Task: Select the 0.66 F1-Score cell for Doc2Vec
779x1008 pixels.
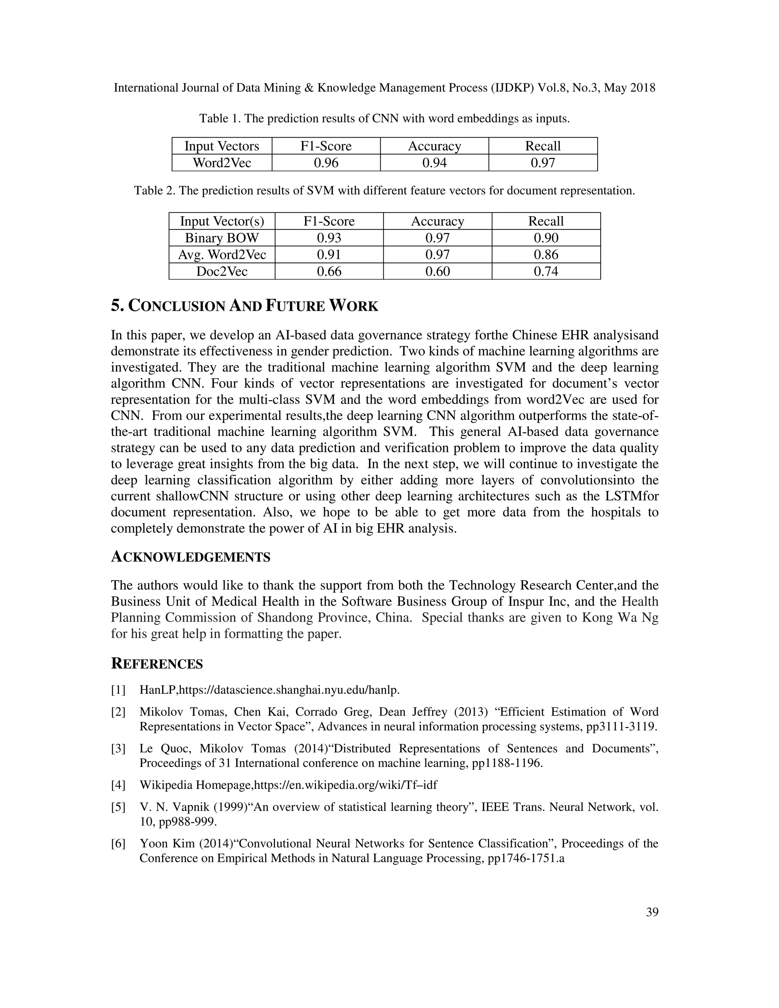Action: pyautogui.click(x=329, y=271)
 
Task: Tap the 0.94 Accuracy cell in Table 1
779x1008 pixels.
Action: pyautogui.click(x=434, y=163)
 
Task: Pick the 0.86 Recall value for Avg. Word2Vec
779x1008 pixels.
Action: pyautogui.click(x=545, y=255)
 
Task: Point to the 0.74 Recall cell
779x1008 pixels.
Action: pyautogui.click(x=545, y=271)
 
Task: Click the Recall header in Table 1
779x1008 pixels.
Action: pyautogui.click(x=543, y=146)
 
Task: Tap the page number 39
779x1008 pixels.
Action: pyautogui.click(x=652, y=913)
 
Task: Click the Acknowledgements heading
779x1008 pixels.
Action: pyautogui.click(x=191, y=558)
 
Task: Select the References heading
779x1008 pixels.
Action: pyautogui.click(x=157, y=664)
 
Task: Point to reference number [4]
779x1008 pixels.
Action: pyautogui.click(x=118, y=785)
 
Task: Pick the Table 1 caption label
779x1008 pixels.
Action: pyautogui.click(x=220, y=119)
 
